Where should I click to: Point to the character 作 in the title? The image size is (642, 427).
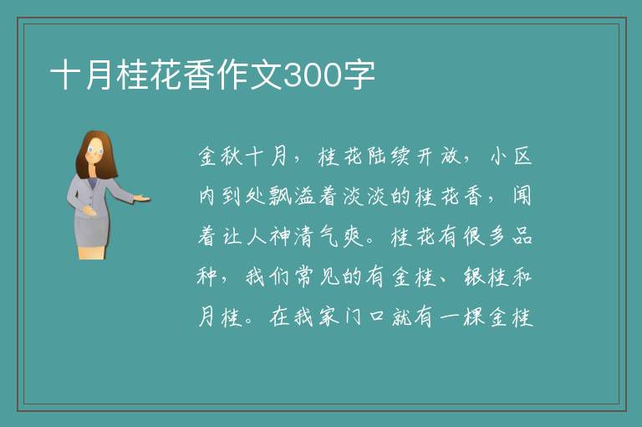pyautogui.click(x=233, y=75)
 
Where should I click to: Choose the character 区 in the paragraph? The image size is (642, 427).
pyautogui.click(x=522, y=157)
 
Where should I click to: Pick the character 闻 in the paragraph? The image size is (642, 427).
pyautogui.click(x=522, y=197)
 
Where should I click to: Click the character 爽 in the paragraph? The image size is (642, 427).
pyautogui.click(x=353, y=237)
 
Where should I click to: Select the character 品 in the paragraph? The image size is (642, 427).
pyautogui.click(x=522, y=237)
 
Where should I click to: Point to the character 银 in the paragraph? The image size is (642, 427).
pyautogui.click(x=475, y=277)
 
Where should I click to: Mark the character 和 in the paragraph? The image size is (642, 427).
pyautogui.click(x=522, y=277)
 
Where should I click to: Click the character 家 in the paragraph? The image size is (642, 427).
pyautogui.click(x=329, y=317)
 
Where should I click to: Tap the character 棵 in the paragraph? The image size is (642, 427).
pyautogui.click(x=474, y=317)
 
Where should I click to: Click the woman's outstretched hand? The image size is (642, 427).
pyautogui.click(x=142, y=198)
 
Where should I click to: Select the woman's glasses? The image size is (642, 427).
pyautogui.click(x=95, y=151)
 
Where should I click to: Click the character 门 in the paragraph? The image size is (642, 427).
pyautogui.click(x=353, y=317)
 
